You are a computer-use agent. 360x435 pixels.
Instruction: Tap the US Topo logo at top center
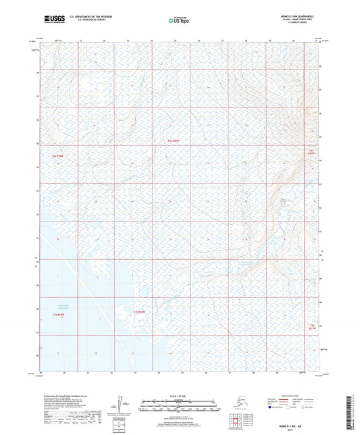coord(179,21)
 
